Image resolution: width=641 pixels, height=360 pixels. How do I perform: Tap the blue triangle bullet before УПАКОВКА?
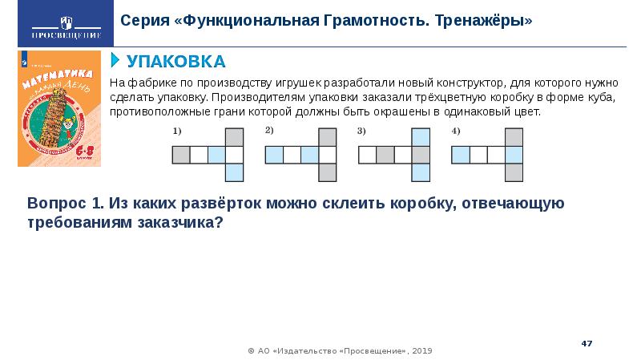coord(115,61)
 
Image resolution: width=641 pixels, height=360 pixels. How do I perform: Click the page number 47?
coord(586,343)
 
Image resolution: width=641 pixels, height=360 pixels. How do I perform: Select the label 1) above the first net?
coord(177,131)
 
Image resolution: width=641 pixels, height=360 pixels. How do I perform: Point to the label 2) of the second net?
coord(269,130)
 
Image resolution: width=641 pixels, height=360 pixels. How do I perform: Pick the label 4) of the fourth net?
coord(455,130)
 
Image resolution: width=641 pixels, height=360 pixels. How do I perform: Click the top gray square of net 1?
coord(234,136)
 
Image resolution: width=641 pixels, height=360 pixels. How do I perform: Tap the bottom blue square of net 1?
coord(234,172)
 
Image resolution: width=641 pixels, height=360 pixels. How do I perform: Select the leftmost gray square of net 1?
coord(181,154)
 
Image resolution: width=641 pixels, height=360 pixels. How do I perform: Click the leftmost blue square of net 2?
coord(274,154)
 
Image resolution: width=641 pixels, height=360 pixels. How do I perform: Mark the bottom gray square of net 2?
coord(327,172)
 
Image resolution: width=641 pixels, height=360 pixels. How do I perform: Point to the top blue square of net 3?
coord(420,136)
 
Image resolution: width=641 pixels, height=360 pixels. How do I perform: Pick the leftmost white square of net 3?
coord(367,154)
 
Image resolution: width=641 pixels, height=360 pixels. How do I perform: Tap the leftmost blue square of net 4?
coord(460,154)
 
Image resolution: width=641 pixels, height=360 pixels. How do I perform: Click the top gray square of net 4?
coord(513,136)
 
